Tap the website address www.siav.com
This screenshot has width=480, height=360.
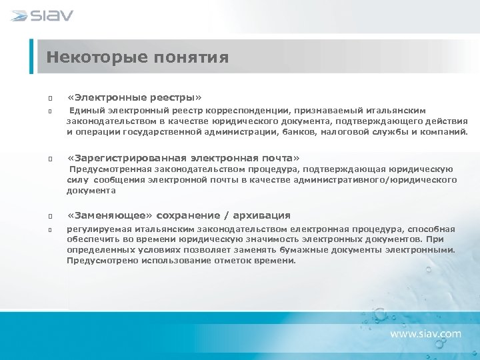click(x=425, y=333)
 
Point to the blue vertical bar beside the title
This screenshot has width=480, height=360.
click(x=31, y=57)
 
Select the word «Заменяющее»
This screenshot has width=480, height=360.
click(x=111, y=215)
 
